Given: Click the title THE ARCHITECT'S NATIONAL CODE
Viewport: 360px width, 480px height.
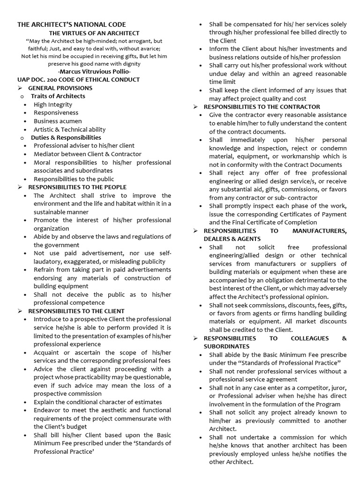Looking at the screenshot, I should [72, 24].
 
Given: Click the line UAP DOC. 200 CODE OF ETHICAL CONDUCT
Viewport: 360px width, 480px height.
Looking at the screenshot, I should [78, 80].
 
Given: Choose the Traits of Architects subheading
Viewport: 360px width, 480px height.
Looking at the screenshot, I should [58, 96].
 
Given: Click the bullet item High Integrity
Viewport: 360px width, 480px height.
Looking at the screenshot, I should [53, 105].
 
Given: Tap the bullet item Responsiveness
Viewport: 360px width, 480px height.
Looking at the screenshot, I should [56, 112].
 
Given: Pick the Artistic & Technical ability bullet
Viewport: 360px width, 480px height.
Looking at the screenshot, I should [69, 129].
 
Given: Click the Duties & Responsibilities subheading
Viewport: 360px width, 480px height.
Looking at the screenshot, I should [66, 137].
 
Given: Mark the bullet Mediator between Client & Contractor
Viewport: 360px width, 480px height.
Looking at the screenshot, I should [87, 154].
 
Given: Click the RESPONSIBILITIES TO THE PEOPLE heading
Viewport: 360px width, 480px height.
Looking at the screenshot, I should [77, 187].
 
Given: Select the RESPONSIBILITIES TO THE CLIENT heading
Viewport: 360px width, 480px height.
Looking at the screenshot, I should [76, 311].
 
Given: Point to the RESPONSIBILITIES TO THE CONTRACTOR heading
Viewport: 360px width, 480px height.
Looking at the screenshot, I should [262, 107].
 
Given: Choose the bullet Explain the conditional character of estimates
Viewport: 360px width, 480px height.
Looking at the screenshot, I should [97, 402].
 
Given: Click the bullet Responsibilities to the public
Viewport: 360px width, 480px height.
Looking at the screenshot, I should [74, 179].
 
